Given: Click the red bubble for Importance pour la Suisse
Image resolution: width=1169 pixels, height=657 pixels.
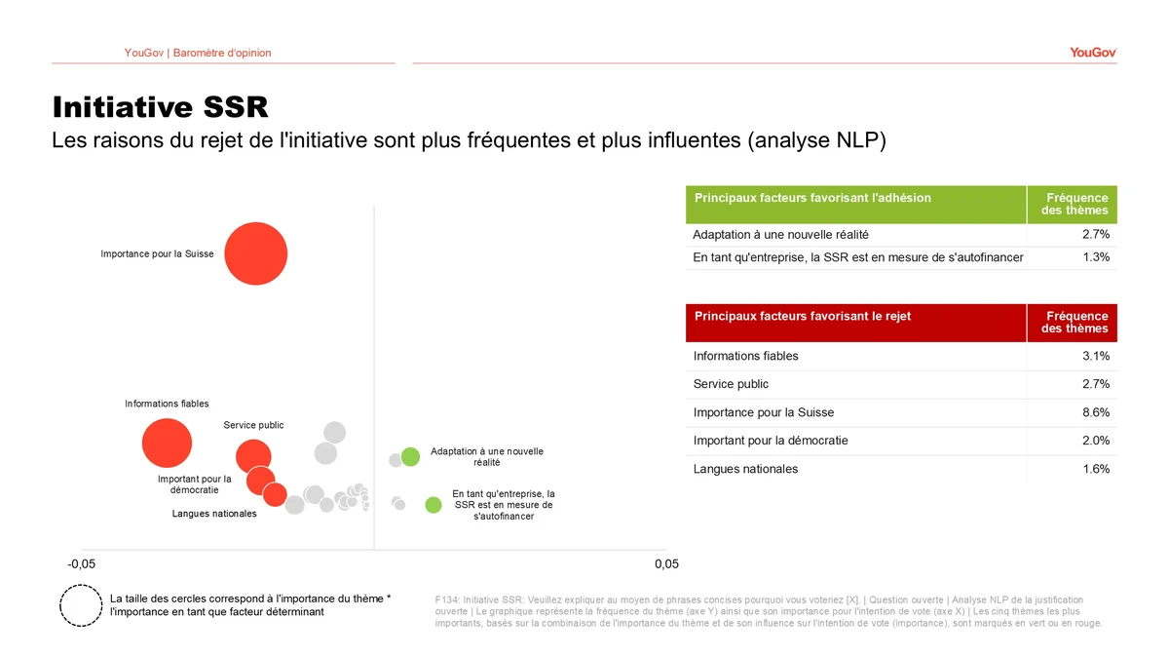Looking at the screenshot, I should pos(255,253).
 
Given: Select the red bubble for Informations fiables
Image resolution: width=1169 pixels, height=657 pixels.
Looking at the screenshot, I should pos(167,444).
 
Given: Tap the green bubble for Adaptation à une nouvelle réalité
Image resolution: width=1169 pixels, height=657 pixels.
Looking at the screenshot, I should pos(410,456).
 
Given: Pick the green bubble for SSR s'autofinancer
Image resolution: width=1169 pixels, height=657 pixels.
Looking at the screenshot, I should pos(434,505).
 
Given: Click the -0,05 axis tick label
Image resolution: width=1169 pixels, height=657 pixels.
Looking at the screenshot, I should pos(81,564).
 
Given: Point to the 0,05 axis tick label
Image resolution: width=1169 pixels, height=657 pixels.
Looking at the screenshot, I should pos(666,564).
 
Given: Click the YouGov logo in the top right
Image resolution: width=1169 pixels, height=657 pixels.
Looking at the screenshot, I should pos(1092,53).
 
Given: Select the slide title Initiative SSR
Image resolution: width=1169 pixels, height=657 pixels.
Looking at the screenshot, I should pos(160,106).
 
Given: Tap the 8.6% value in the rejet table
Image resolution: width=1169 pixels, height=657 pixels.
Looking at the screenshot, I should pos(1096,412).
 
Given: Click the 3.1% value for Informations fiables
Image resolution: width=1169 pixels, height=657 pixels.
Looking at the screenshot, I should pos(1096,356).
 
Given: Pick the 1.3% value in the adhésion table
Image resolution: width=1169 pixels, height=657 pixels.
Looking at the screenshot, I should pos(1096,257).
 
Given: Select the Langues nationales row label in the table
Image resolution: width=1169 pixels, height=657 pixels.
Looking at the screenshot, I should pos(745,469).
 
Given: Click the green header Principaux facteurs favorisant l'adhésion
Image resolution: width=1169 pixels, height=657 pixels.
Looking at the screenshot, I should pos(812,198).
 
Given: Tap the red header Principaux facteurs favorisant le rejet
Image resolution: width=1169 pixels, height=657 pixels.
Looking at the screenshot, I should pos(803,317).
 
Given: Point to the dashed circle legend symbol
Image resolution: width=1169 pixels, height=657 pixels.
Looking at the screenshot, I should pos(81,604).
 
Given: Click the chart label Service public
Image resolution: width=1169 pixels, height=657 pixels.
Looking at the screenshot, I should pos(253,425).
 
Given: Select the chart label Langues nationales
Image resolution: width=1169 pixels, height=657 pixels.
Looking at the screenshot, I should pos(214,514).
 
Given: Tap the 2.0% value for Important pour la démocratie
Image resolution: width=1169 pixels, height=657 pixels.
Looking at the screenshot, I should pos(1096,441).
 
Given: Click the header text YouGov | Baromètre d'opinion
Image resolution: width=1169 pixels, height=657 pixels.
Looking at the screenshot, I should pos(198,53).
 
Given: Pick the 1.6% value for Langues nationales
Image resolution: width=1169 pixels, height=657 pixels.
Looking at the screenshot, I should pos(1096,469).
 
